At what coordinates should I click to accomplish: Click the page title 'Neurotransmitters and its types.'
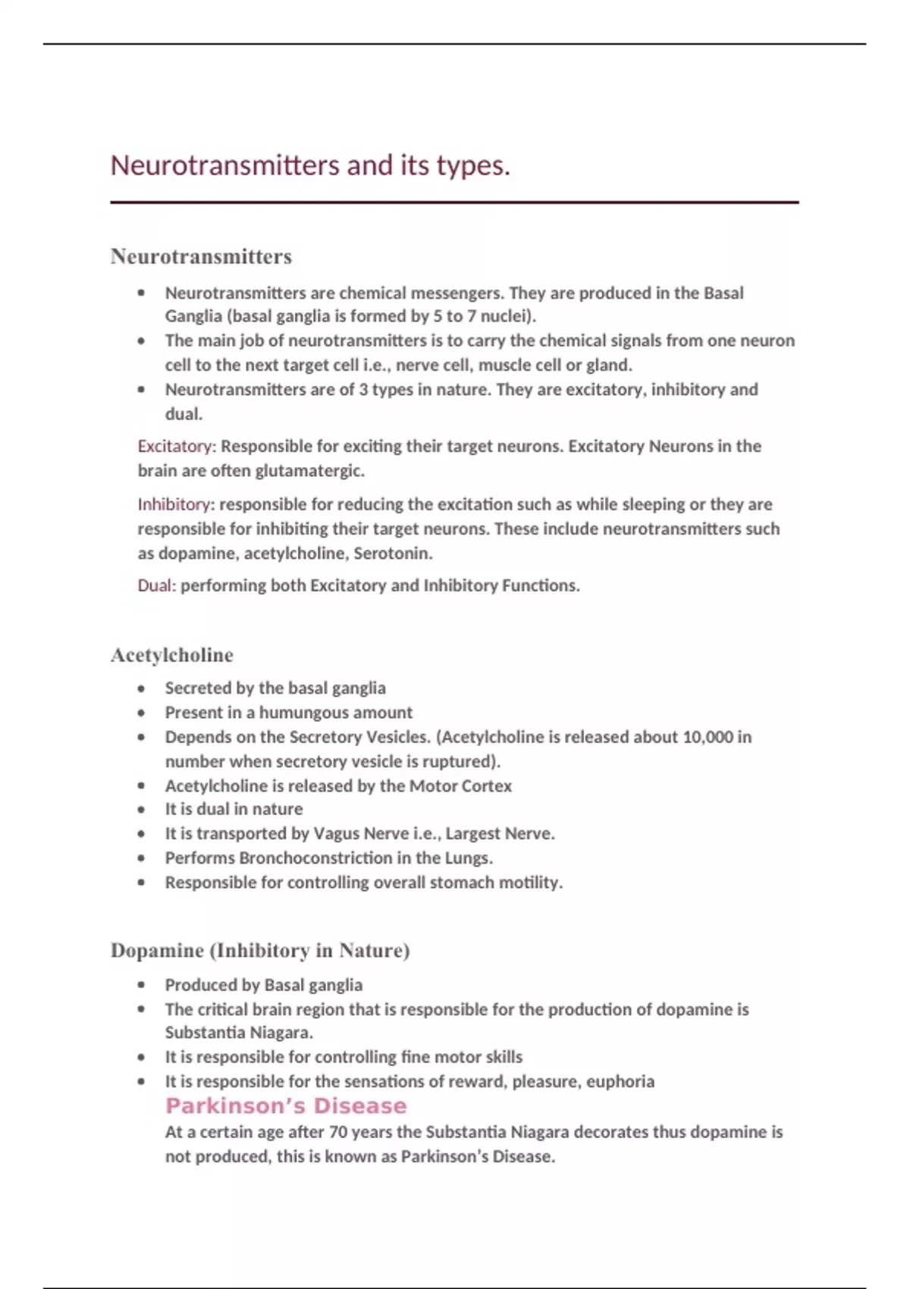(309, 165)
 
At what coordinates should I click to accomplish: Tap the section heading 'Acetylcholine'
(171, 655)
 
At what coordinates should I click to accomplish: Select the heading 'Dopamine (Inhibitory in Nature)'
(259, 951)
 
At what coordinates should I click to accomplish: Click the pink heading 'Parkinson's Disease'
(286, 1106)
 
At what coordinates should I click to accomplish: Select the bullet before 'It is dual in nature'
(141, 810)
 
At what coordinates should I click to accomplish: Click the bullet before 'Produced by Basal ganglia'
(141, 986)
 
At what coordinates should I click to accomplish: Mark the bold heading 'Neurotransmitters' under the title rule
(201, 257)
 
